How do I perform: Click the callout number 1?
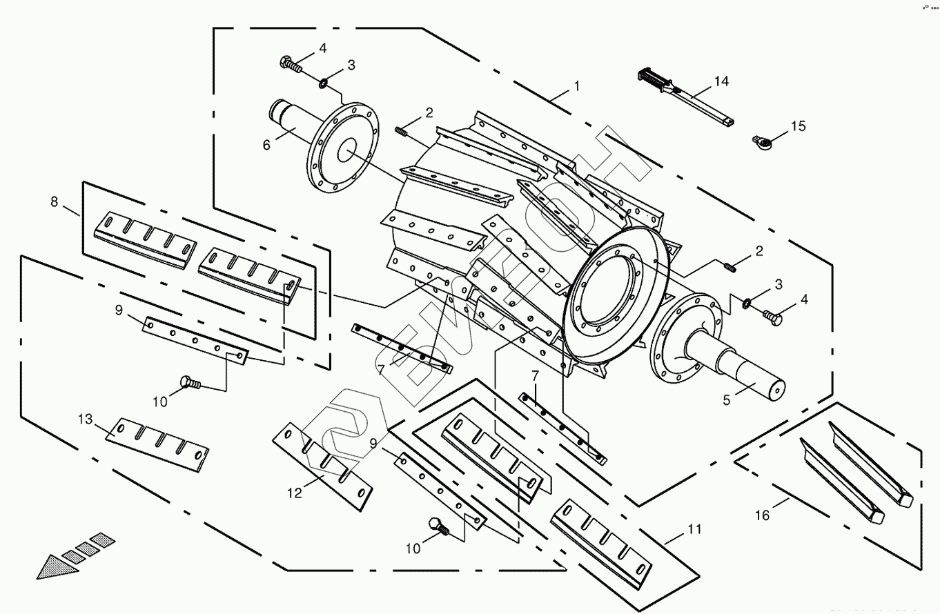coord(576,87)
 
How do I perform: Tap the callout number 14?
coord(721,81)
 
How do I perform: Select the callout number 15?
coord(798,126)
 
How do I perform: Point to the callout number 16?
coord(762,515)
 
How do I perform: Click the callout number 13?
coord(85,419)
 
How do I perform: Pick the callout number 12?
coord(295,493)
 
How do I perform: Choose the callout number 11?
coord(694,529)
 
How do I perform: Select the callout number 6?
coord(266,145)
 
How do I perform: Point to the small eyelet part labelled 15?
coord(761,141)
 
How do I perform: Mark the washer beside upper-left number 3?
coord(323,84)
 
